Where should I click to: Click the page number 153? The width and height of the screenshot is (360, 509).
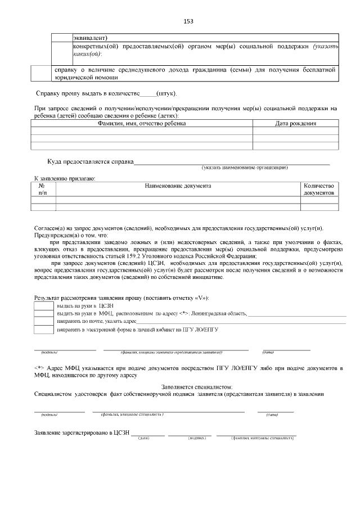188,21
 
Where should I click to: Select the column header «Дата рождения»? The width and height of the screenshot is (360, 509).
295,123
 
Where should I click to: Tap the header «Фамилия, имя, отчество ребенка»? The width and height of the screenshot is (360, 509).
141,123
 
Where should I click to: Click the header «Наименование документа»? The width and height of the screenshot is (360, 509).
178,186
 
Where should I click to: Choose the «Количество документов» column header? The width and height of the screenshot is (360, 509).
319,189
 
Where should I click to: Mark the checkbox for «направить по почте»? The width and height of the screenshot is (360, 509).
44,321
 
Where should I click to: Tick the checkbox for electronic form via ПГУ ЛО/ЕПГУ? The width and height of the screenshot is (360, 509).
44,328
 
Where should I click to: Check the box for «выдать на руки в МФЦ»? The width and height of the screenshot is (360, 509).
44,313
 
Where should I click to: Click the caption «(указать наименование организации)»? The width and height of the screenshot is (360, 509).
245,168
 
